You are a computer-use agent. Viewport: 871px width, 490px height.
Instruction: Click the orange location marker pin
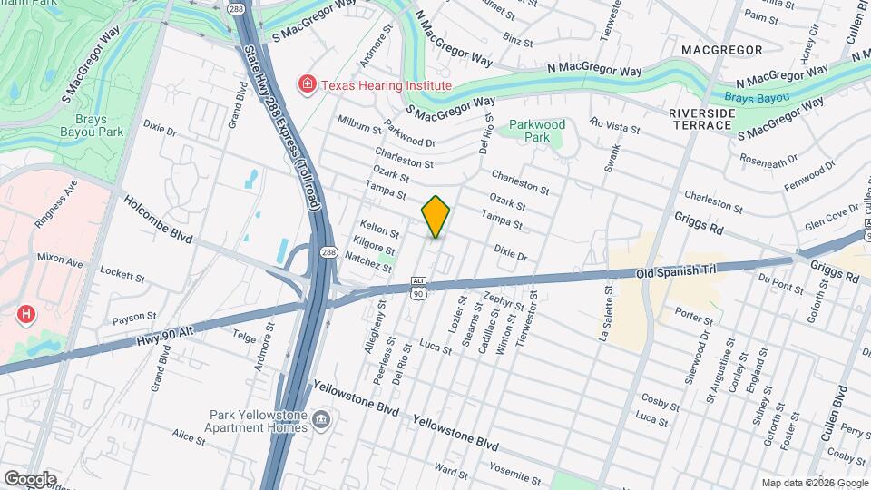435,217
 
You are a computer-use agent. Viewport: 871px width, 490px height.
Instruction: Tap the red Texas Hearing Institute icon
308,85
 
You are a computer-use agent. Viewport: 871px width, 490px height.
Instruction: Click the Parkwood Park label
536,131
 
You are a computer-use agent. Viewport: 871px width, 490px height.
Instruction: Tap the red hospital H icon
27,315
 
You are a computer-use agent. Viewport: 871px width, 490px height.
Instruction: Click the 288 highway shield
328,253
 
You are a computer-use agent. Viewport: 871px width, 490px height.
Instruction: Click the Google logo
30,479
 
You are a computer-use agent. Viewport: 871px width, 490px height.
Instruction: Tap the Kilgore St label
375,244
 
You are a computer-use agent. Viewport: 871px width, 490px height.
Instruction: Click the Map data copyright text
813,483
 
